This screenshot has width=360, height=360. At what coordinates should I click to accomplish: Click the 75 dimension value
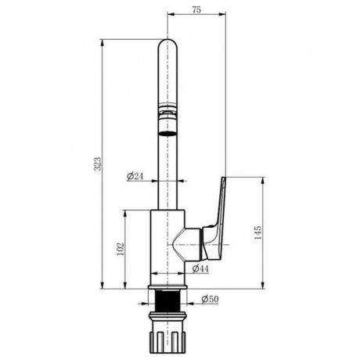[196, 9]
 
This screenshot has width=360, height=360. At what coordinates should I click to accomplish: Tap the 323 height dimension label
[97, 164]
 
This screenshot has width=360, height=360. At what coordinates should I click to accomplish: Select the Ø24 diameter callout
[135, 176]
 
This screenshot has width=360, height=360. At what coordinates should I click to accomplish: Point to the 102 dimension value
[121, 249]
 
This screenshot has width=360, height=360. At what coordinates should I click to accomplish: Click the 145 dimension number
[257, 232]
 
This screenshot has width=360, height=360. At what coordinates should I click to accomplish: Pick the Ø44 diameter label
[200, 268]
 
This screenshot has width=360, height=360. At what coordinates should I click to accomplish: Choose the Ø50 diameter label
[210, 299]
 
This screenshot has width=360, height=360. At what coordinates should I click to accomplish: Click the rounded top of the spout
[167, 43]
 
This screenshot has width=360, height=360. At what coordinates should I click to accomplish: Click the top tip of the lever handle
[224, 178]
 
